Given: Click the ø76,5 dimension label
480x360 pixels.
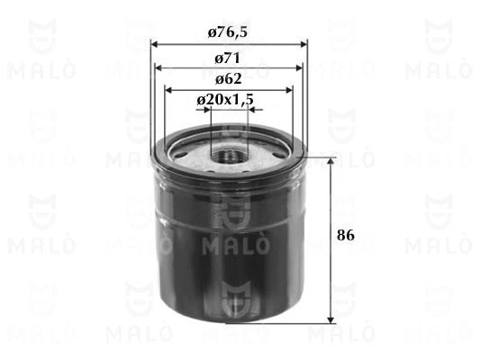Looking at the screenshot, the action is pos(228,32).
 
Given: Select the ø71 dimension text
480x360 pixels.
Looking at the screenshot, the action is pos(227,58).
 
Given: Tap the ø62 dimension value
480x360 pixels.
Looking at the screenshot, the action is pos(229,79).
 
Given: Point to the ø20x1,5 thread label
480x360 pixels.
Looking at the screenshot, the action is pos(225,99).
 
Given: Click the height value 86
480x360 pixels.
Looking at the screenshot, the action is pos(346,235).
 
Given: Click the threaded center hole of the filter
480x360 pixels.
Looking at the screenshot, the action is pos(230,156).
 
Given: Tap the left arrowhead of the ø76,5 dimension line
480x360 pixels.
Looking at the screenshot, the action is pos(154,45).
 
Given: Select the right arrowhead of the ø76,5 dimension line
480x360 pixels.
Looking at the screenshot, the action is pos(303,45).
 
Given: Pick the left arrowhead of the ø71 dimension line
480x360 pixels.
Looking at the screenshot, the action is pos(158,67).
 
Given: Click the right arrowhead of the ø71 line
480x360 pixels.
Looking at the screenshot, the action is pos(299,67).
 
